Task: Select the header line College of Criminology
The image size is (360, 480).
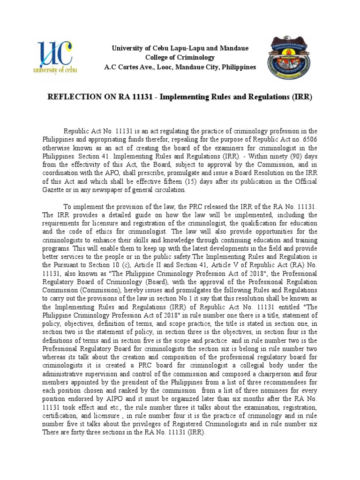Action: tap(180, 58)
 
